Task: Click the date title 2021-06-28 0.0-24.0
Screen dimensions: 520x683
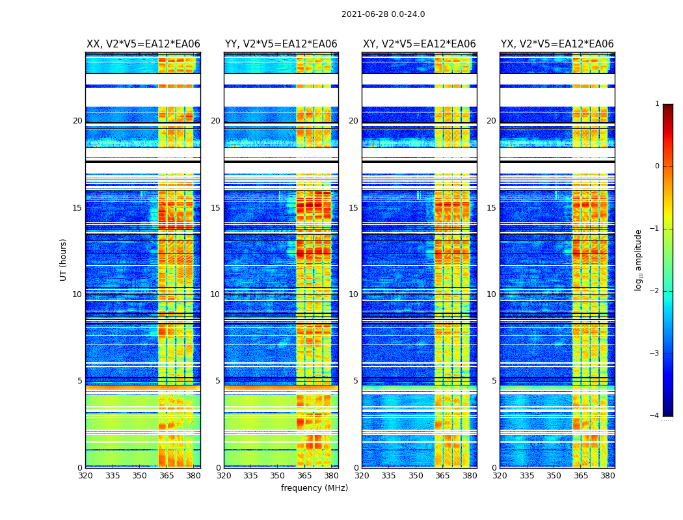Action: tap(383, 14)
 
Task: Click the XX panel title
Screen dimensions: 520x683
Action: tap(143, 44)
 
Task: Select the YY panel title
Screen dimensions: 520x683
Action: tap(281, 44)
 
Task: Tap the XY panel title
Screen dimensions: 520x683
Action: tap(420, 44)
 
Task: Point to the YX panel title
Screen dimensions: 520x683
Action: tap(557, 44)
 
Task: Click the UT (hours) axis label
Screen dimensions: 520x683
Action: tap(64, 259)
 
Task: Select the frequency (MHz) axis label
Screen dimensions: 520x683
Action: tap(314, 488)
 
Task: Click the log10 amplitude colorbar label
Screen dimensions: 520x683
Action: tap(639, 259)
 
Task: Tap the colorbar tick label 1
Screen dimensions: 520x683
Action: tap(657, 104)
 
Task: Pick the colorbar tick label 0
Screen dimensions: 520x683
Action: tap(657, 166)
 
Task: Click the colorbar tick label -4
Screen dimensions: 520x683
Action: tap(655, 416)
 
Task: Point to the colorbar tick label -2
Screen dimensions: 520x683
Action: tap(655, 291)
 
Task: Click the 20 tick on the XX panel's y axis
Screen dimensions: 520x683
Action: tap(77, 121)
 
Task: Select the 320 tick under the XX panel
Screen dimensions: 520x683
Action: tap(86, 476)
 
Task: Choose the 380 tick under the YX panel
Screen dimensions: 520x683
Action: tap(608, 476)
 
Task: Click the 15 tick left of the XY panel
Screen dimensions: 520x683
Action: tap(353, 208)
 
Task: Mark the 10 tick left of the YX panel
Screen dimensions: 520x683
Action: tap(491, 294)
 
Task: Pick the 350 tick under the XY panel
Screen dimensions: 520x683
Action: tap(416, 476)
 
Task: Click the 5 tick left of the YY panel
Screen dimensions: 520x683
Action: tap(218, 381)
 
